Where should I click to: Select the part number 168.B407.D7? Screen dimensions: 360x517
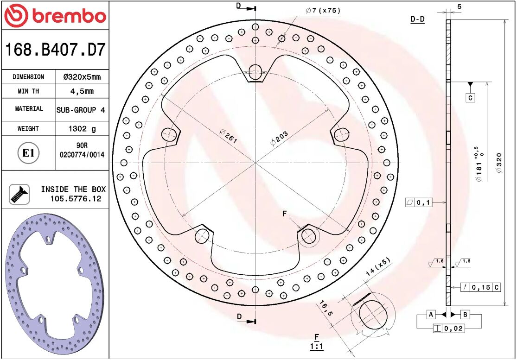pyautogui.click(x=55, y=50)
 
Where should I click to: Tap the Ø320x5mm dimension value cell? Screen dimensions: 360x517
pyautogui.click(x=82, y=77)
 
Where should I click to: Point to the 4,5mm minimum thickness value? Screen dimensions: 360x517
pyautogui.click(x=82, y=91)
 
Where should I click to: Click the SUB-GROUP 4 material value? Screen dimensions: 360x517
pyautogui.click(x=81, y=110)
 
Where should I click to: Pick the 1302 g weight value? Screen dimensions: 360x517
pyautogui.click(x=82, y=129)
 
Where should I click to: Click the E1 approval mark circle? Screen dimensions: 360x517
pyautogui.click(x=29, y=153)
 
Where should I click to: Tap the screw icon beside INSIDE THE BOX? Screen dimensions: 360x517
pyautogui.click(x=19, y=194)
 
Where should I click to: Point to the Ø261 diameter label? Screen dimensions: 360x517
pyautogui.click(x=228, y=137)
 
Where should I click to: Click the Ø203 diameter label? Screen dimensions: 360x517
pyautogui.click(x=280, y=138)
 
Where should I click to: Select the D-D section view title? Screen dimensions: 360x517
pyautogui.click(x=417, y=19)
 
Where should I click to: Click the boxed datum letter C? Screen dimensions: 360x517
pyautogui.click(x=470, y=98)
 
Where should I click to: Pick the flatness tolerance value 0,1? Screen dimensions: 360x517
pyautogui.click(x=424, y=202)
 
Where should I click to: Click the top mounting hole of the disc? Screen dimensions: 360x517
pyautogui.click(x=255, y=71)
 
